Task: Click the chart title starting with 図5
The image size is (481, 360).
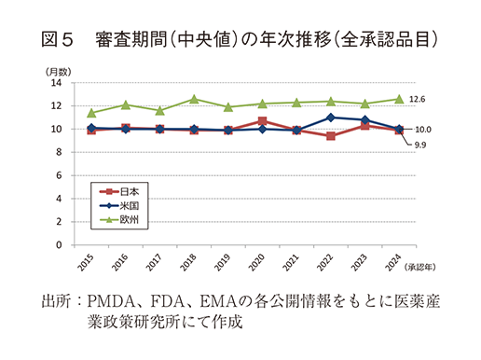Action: [x=240, y=40]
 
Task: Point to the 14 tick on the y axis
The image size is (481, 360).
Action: [x=56, y=82]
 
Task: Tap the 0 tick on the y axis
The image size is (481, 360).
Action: [x=59, y=245]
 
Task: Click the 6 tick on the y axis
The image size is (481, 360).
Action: [x=59, y=175]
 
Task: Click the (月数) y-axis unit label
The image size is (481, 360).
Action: [x=55, y=71]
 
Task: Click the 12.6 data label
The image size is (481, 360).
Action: [x=419, y=99]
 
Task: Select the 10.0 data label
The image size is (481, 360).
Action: [x=422, y=129]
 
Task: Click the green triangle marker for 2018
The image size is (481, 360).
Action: [x=194, y=99]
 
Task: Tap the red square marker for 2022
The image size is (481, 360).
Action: [x=331, y=136]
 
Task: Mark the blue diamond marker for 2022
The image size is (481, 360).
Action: [x=331, y=118]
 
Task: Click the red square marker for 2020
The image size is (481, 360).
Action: [x=262, y=121]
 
